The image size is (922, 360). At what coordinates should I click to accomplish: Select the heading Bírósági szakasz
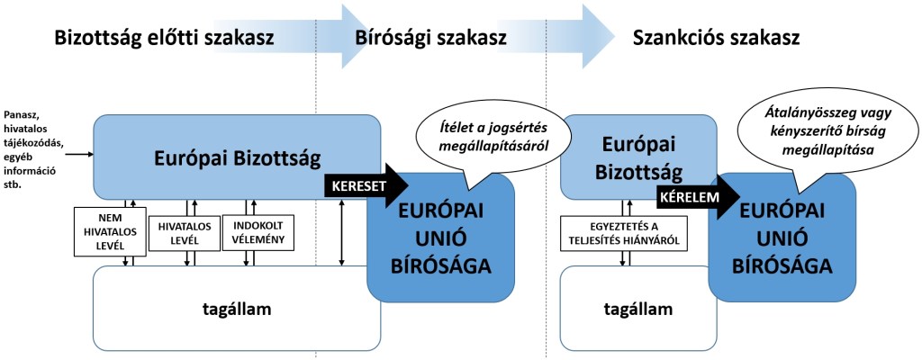(431, 39)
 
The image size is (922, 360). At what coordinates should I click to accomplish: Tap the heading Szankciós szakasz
(717, 39)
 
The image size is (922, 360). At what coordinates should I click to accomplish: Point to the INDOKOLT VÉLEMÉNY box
(253, 231)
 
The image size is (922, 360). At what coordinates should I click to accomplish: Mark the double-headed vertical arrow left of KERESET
(341, 232)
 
